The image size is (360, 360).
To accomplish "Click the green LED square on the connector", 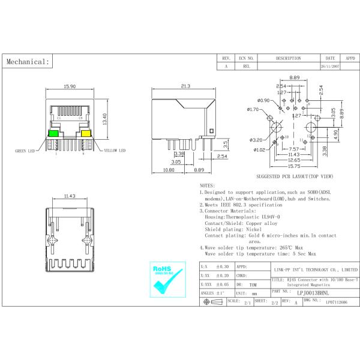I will tap(53, 134).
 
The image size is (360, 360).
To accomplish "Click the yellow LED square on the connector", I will tap(85, 134).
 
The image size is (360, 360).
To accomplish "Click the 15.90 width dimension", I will tap(69, 87).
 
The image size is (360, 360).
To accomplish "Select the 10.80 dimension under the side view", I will tap(169, 170).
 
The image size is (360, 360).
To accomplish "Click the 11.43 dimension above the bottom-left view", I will tap(69, 196).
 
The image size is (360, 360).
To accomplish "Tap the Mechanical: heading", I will tap(27, 61).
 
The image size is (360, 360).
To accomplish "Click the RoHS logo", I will tap(163, 279).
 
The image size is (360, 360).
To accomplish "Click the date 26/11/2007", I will tap(330, 67).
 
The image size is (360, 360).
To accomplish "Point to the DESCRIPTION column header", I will tap(288, 59).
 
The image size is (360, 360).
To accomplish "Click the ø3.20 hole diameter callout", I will tap(256, 140).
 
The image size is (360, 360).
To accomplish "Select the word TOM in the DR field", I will tap(253, 284).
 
